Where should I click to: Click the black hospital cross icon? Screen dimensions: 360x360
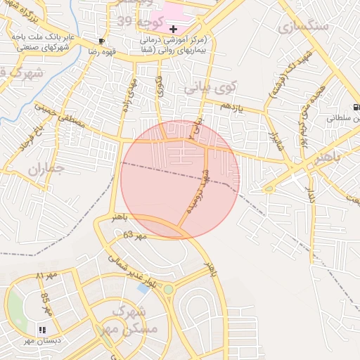click(x=173, y=29)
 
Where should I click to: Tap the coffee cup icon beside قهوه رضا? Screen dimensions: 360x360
click(x=103, y=41)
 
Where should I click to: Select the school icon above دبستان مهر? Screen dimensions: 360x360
click(x=42, y=329)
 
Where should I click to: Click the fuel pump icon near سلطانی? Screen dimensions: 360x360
click(x=356, y=107)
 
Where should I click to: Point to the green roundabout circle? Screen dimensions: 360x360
click(x=168, y=289)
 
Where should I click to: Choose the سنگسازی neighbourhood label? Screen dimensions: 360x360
click(x=303, y=27)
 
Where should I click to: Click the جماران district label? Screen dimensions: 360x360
click(x=49, y=169)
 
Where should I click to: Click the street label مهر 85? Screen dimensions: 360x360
click(x=47, y=302)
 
